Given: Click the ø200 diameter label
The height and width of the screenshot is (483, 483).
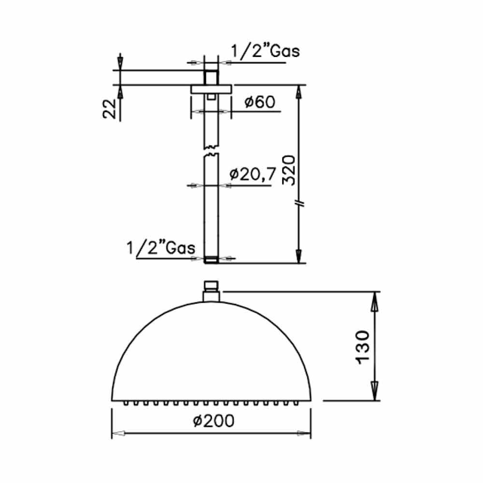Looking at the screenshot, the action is tap(213, 421).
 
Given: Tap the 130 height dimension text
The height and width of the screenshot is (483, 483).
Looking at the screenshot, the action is tap(363, 347).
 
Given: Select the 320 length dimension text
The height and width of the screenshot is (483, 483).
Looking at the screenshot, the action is tap(289, 170).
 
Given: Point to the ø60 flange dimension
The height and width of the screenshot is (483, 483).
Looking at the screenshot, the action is tap(260, 102).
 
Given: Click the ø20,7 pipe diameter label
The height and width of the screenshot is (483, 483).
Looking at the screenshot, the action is tap(253, 174).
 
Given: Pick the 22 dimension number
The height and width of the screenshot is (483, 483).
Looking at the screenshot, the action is tap(110, 109).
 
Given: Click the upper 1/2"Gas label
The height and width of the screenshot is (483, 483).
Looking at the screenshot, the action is tap(265, 51).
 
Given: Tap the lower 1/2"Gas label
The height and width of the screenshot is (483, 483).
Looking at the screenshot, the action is tap(161, 248).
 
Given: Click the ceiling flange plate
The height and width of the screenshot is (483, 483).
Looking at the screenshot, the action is tap(211, 89).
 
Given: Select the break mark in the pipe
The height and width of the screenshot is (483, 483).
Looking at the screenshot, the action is tap(212, 151).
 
